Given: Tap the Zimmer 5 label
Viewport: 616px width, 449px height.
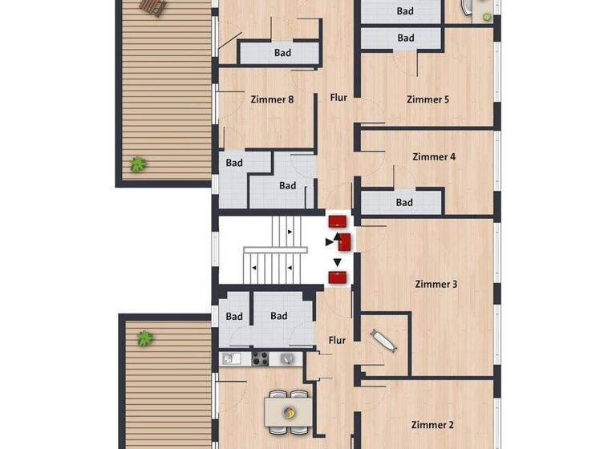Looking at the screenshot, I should (x=428, y=100).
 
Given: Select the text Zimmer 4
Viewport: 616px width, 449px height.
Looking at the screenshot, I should (x=434, y=157).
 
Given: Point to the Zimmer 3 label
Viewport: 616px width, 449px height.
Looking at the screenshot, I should (x=436, y=284).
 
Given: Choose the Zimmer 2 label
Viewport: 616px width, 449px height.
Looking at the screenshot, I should (x=433, y=425).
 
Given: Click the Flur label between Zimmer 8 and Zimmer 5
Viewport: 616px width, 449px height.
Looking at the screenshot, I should (x=338, y=98).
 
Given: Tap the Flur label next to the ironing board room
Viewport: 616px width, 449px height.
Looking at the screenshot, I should (x=337, y=341).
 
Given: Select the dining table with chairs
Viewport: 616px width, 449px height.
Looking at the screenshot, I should (x=287, y=411).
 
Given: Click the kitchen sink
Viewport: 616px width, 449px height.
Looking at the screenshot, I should (x=230, y=358).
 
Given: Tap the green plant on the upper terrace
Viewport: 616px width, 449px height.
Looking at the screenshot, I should (x=139, y=164).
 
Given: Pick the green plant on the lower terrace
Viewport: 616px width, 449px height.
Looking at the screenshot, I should (x=145, y=338).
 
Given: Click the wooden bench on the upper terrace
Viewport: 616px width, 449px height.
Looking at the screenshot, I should (x=152, y=6).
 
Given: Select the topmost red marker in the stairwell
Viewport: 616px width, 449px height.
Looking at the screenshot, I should (x=338, y=220).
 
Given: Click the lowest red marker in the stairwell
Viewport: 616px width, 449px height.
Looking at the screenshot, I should (x=338, y=278).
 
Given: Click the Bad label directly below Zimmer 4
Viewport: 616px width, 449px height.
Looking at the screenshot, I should (x=405, y=203).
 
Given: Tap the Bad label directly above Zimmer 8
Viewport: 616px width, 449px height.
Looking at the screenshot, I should (x=282, y=53).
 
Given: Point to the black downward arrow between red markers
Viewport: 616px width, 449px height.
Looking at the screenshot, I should (x=338, y=262).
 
